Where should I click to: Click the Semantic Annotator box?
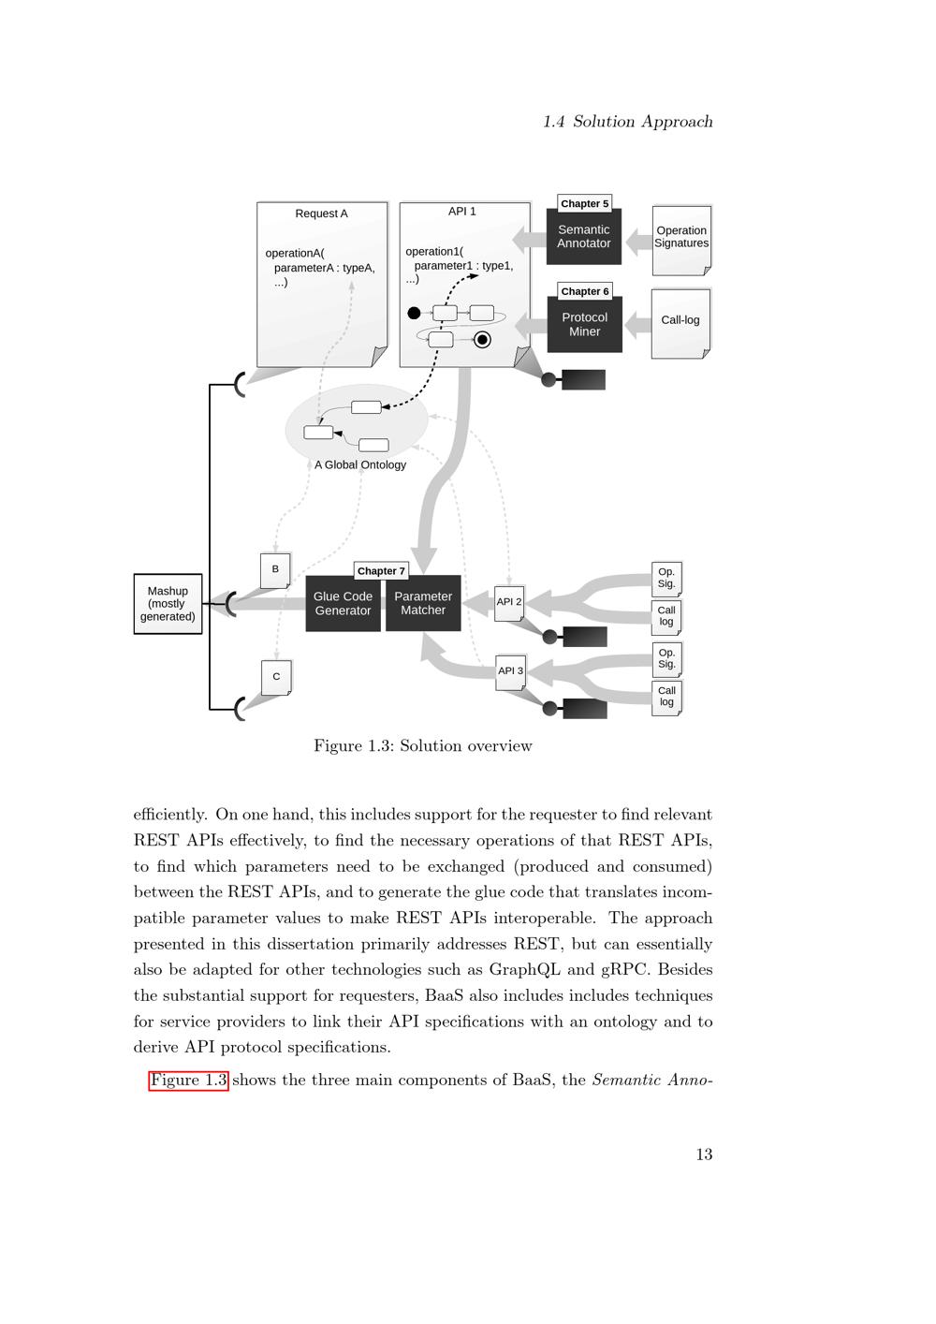(x=584, y=237)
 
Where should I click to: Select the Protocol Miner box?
(x=584, y=325)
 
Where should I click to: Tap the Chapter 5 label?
(x=585, y=203)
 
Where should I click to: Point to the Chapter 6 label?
(x=585, y=291)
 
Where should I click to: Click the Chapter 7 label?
(x=381, y=571)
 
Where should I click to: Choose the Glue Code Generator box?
(x=343, y=604)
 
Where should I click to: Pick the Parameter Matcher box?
(x=423, y=604)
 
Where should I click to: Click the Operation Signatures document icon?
(x=681, y=239)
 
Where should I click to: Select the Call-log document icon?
(x=680, y=321)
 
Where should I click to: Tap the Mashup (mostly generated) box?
(x=168, y=604)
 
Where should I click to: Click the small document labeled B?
(x=275, y=570)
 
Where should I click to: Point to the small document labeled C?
(x=276, y=677)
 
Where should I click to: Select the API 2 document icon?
(x=509, y=603)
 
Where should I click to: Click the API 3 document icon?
(x=510, y=671)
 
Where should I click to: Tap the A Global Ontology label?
(x=360, y=465)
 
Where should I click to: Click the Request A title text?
(x=321, y=213)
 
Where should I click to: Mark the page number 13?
(x=704, y=1155)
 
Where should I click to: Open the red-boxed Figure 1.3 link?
(x=189, y=1081)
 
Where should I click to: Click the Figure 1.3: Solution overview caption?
(x=423, y=746)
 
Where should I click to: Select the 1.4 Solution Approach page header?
(x=628, y=122)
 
